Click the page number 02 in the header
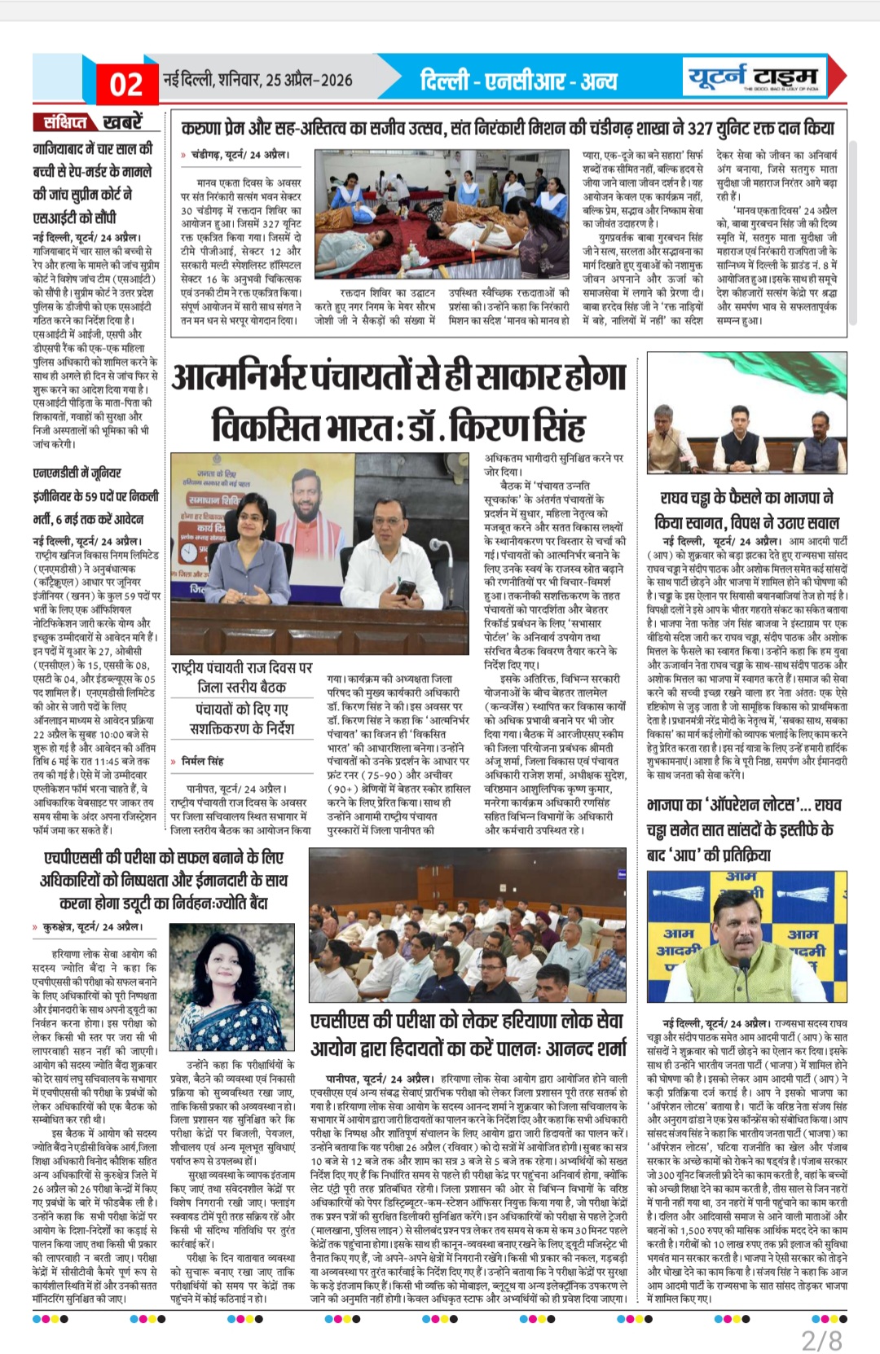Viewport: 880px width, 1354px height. tap(126, 84)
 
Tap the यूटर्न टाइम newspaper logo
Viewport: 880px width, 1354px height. tap(752, 77)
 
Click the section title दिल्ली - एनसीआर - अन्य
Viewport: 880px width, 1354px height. tap(519, 81)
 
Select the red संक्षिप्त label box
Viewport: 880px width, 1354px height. tap(65, 122)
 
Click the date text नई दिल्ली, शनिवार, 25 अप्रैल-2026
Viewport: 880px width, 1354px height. tap(258, 80)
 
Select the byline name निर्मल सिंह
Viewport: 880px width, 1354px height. tap(203, 761)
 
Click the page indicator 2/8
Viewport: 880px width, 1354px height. tap(821, 1340)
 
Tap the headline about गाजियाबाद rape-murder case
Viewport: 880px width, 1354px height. tap(92, 183)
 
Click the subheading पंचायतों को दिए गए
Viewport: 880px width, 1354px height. tap(242, 709)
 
